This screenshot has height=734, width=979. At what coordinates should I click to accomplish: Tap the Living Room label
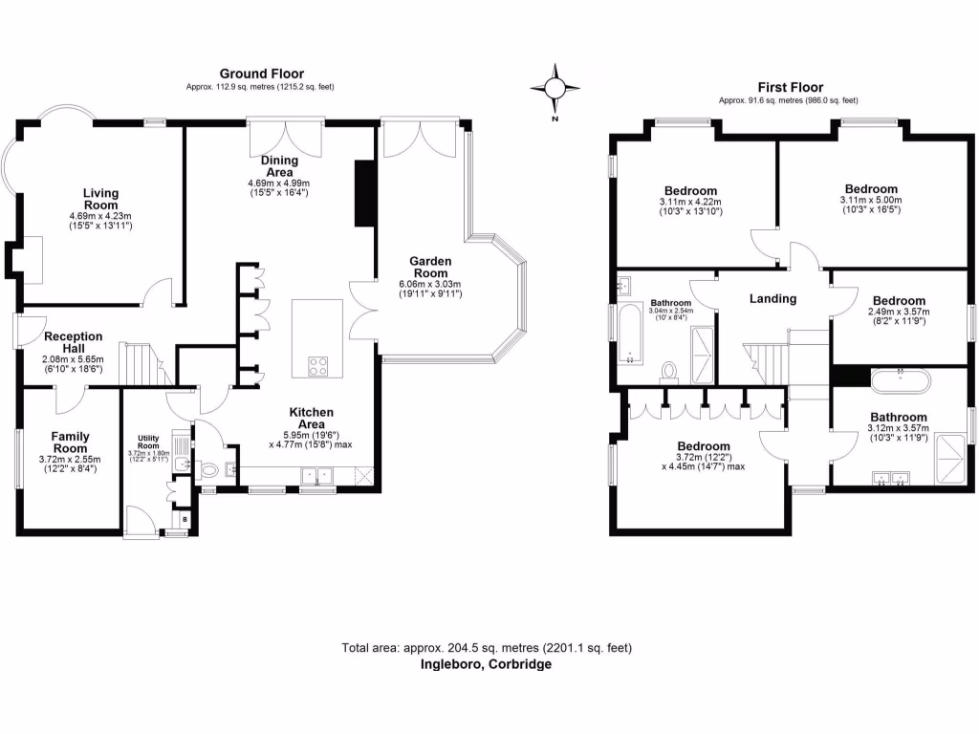pos(100,199)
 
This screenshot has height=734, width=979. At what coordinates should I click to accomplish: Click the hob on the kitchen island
pos(317,365)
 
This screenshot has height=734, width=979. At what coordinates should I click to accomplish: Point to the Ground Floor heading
pos(261,74)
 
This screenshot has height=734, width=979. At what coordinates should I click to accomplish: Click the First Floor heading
pos(790,87)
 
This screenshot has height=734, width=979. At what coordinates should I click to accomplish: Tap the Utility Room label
pos(147,443)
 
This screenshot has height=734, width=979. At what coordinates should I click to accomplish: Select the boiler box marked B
pos(185,520)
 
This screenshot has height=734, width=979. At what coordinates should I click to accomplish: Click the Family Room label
pos(70,442)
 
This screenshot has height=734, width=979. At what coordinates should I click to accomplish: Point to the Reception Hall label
pos(73,342)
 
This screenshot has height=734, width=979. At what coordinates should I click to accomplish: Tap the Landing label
pos(772,299)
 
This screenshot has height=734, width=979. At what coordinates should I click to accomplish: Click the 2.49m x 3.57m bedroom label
pos(897,301)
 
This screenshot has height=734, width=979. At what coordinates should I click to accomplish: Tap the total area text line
pos(487,648)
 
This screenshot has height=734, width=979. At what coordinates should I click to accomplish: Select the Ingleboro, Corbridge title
pos(487,664)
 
